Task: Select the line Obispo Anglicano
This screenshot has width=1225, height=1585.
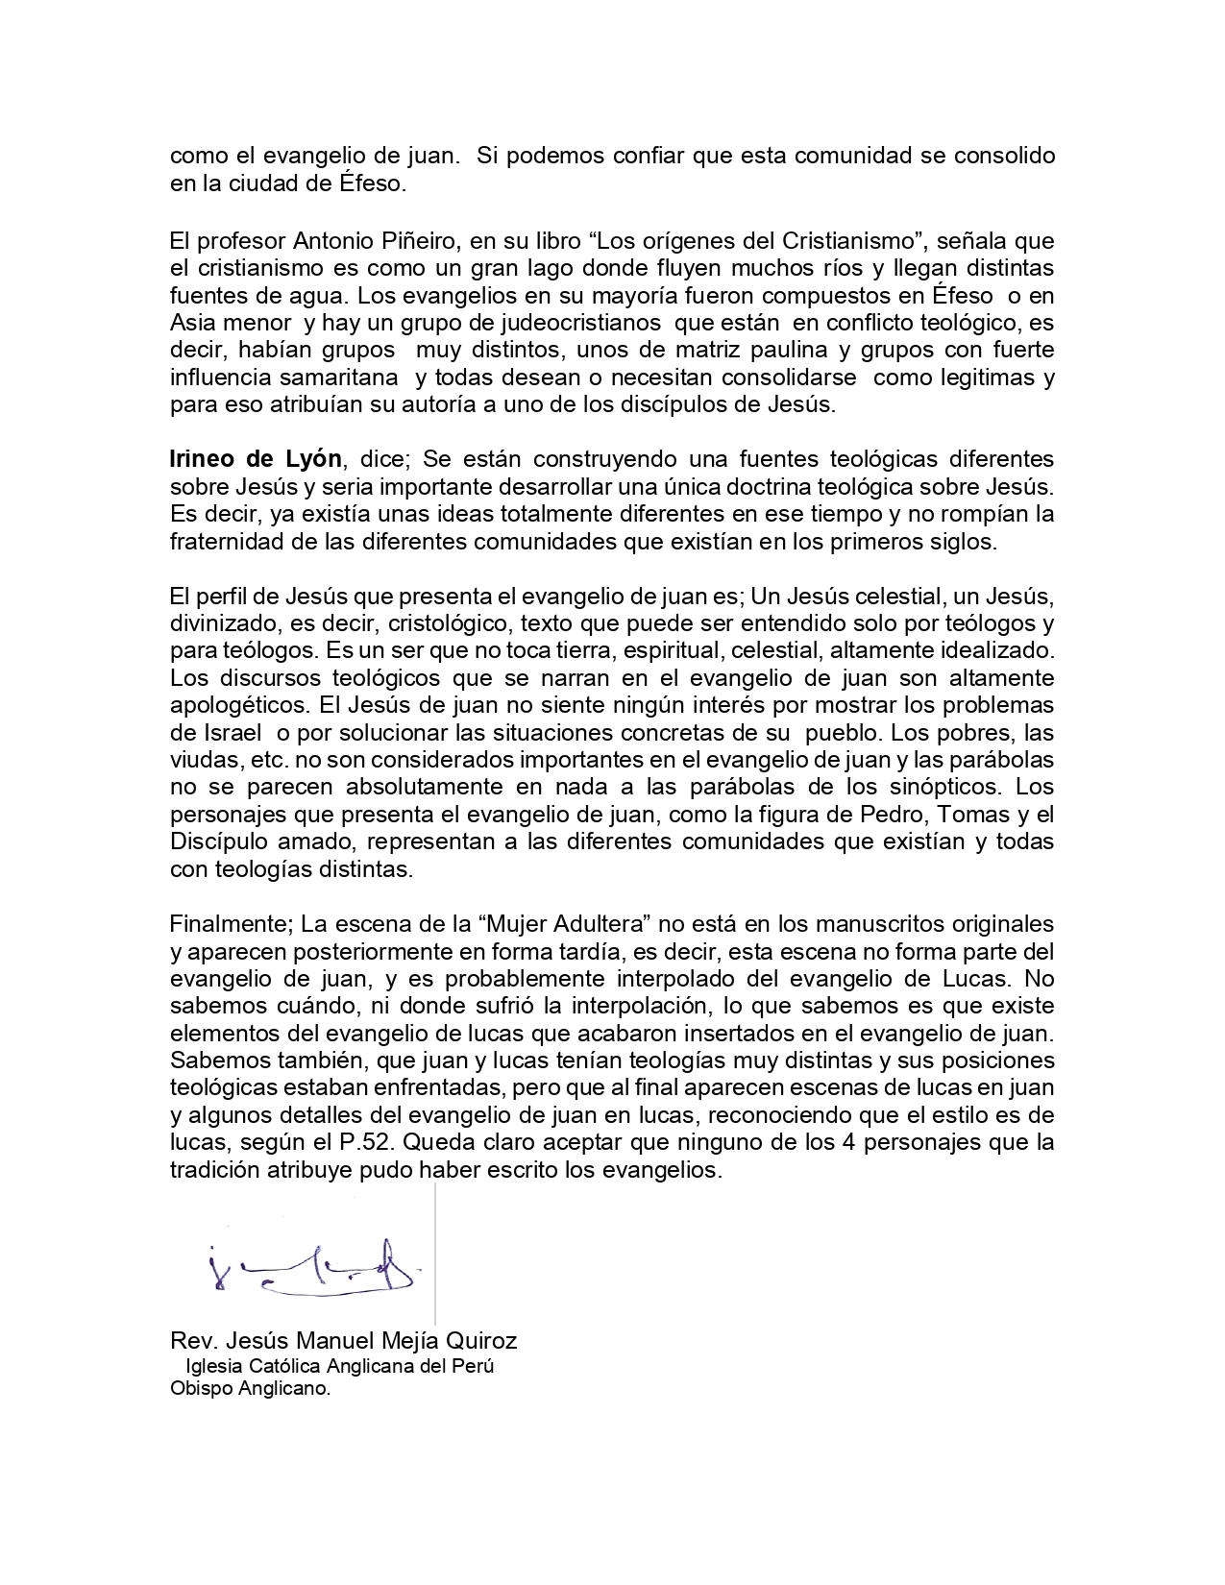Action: (x=250, y=1389)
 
